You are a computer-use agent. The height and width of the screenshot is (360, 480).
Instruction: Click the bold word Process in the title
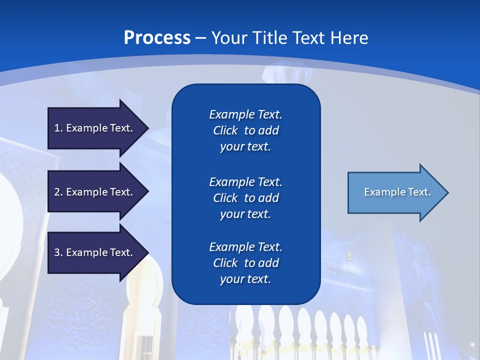157,38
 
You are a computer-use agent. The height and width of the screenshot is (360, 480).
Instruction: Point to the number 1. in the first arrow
58,128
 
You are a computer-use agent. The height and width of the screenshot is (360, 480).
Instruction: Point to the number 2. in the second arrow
58,192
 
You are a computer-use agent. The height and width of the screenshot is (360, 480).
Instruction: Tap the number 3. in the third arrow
58,252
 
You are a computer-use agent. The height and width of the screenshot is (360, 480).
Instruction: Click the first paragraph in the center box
245,130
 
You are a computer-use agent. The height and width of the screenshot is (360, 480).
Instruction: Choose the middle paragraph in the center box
245,198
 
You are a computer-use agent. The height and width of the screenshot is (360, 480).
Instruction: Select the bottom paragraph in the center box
245,263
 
